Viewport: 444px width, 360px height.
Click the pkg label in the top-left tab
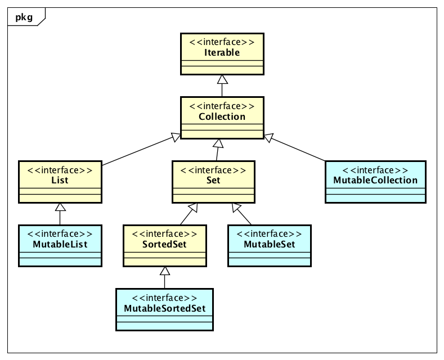click(24, 17)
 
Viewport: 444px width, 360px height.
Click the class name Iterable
click(222, 52)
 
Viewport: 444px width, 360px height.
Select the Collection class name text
click(222, 116)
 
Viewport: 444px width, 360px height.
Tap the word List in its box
click(60, 181)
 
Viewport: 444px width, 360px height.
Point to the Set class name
click(213, 181)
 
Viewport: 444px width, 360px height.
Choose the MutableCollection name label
click(375, 181)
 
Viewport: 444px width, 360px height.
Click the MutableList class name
click(60, 245)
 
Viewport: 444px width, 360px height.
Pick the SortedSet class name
click(164, 245)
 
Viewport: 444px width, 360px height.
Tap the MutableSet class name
click(269, 245)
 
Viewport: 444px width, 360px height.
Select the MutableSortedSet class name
click(164, 309)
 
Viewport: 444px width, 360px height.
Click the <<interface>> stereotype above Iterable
click(222, 42)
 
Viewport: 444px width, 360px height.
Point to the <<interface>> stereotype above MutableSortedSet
click(164, 298)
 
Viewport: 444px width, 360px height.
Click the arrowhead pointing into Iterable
click(222, 79)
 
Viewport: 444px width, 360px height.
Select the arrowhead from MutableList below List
click(60, 207)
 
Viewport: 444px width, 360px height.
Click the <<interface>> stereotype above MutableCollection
click(375, 170)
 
